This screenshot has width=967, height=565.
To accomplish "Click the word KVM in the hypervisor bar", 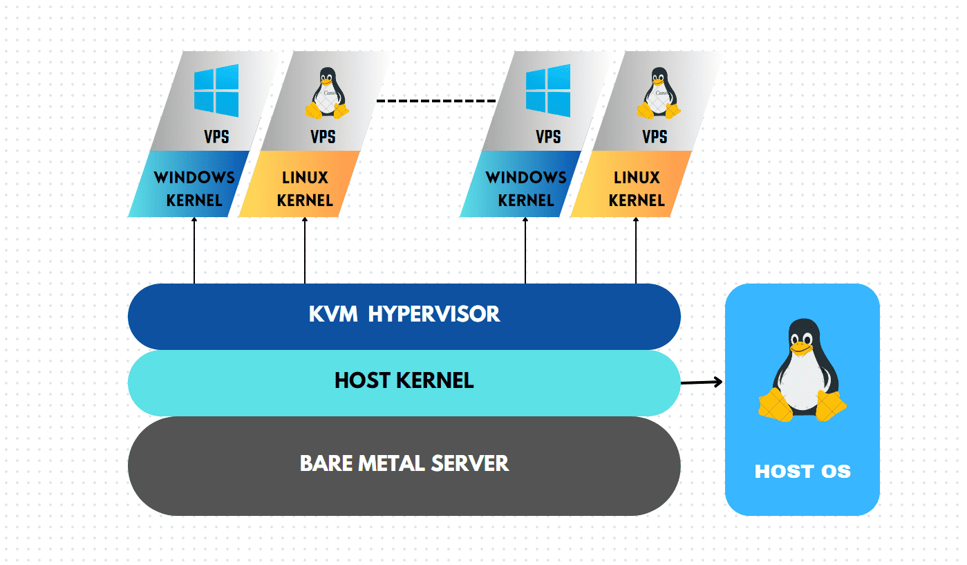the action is pos(333,314).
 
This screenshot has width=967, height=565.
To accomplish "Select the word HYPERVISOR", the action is pos(434,314).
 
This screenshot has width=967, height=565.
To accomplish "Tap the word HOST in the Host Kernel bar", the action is pos(363,380).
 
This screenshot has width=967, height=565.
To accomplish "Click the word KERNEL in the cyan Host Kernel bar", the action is pos(435,380).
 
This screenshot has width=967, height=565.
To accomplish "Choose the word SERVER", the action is pos(470,463).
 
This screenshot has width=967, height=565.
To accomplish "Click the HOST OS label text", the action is pos(802,471).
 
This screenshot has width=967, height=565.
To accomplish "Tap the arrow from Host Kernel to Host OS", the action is pos(702,382).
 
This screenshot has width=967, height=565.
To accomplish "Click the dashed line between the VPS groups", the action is pos(436,101).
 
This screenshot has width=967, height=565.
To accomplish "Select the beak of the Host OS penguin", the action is pos(801,348).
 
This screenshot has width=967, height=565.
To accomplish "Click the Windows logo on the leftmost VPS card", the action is pos(216,91).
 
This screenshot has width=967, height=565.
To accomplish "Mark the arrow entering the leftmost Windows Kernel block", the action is pos(194,250).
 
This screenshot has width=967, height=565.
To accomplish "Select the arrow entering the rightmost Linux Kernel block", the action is pos(636,250).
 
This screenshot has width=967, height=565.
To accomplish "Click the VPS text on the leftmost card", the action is pos(216,137).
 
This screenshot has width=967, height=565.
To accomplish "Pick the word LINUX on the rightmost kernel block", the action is pos(637,178).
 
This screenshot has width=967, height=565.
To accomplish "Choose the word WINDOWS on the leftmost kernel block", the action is pos(194,178).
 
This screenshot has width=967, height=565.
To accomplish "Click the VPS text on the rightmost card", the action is pos(655,137).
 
